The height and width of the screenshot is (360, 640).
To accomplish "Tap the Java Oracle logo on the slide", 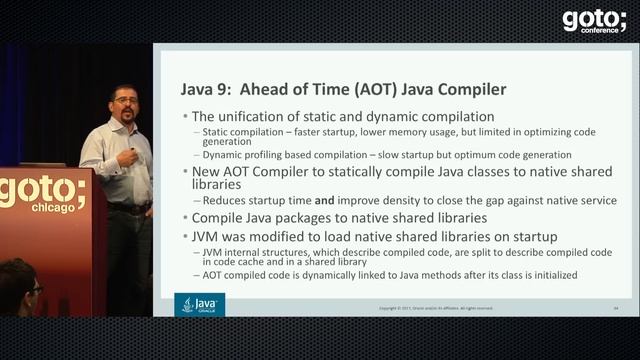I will click(x=200, y=304).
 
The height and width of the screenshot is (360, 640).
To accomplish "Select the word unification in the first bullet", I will click(x=264, y=117).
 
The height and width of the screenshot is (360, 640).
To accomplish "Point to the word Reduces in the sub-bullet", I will click(x=224, y=200).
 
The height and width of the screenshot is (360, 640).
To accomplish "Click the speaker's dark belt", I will click(x=128, y=208).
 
